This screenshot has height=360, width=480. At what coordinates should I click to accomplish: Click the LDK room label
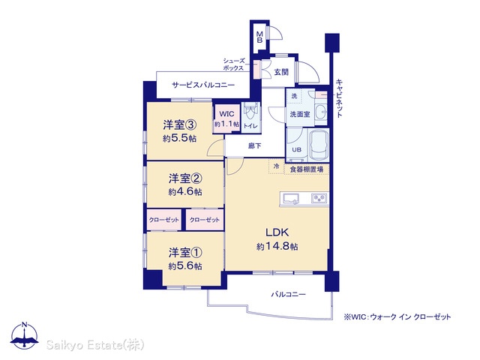pyautogui.click(x=277, y=232)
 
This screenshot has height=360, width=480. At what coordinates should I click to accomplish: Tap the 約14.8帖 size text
pyautogui.click(x=277, y=246)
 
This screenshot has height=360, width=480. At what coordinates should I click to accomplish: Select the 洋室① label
pyautogui.click(x=185, y=253)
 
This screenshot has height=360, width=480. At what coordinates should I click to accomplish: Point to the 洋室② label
pyautogui.click(x=185, y=178)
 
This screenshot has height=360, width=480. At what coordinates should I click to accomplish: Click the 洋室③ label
pyautogui.click(x=180, y=125)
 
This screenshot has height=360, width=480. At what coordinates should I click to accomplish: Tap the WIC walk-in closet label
pyautogui.click(x=226, y=114)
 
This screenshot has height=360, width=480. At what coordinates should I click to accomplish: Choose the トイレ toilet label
pyautogui.click(x=250, y=126)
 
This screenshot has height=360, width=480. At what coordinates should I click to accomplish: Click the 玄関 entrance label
pyautogui.click(x=281, y=72)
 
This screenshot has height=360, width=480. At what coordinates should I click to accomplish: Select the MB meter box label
pyautogui.click(x=259, y=37)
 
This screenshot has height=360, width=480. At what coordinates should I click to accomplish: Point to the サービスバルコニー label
pyautogui.click(x=203, y=85)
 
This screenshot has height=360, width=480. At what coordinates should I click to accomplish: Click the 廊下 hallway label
pyautogui.click(x=255, y=146)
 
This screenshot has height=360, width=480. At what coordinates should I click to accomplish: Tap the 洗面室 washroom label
pyautogui.click(x=300, y=114)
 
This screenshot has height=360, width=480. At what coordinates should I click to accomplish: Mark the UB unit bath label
pyautogui.click(x=297, y=150)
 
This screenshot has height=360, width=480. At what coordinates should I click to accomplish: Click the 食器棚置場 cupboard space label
pyautogui.click(x=307, y=169)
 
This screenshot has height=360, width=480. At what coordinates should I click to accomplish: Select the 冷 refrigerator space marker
pyautogui.click(x=277, y=166)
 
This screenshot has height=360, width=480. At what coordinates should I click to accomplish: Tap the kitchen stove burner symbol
pyautogui.click(x=319, y=199)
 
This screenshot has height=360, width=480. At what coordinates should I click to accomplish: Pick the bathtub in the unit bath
pyautogui.click(x=319, y=145)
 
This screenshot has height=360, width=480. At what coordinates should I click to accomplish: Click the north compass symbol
pyautogui.click(x=25, y=335)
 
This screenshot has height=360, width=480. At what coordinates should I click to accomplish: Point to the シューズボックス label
pyautogui.click(x=233, y=64)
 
